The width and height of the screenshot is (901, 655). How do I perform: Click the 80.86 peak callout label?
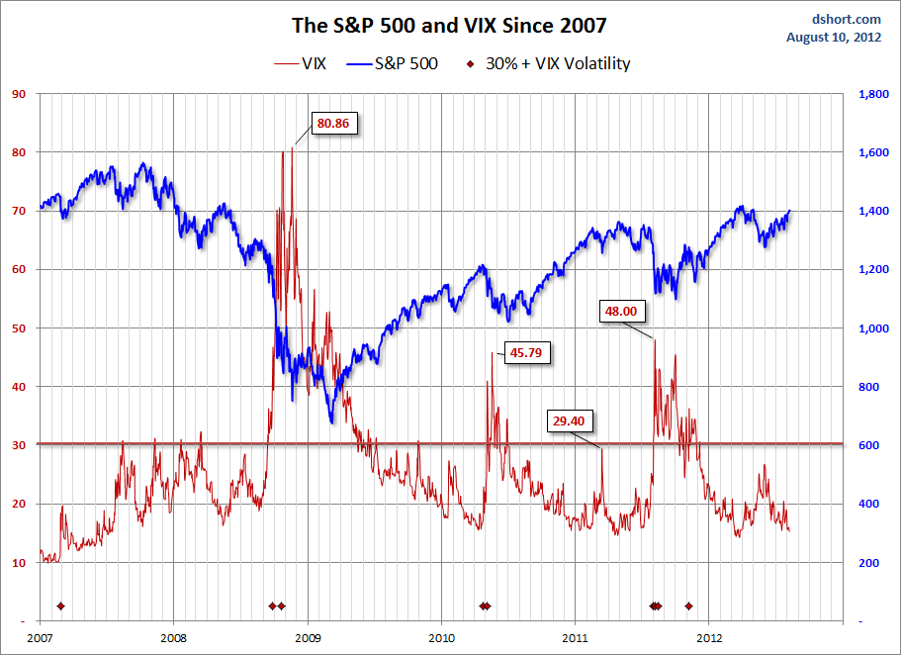[333, 124]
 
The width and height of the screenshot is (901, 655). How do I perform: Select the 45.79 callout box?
[527, 351]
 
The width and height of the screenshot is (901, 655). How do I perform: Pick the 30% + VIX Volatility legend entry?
[547, 63]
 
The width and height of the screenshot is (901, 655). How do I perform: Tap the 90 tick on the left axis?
[18, 94]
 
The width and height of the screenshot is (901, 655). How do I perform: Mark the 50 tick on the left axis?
[18, 328]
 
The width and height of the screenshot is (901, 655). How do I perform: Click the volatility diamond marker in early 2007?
[60, 606]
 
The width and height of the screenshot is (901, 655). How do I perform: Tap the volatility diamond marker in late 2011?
[689, 606]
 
